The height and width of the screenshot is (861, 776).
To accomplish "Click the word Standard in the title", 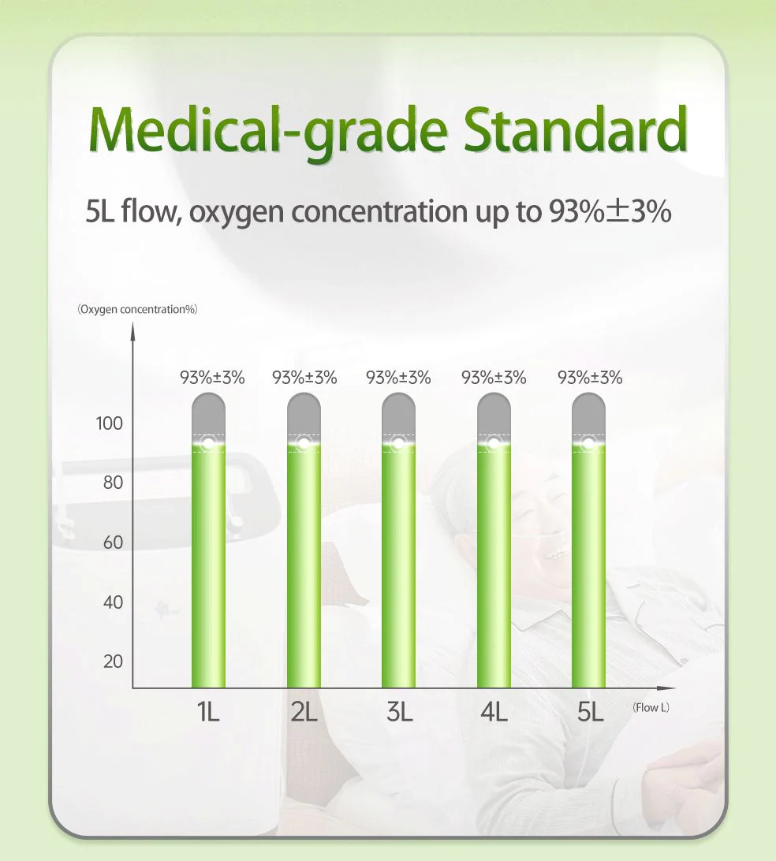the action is pyautogui.click(x=575, y=129).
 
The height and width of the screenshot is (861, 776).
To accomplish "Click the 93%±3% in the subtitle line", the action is pyautogui.click(x=610, y=211).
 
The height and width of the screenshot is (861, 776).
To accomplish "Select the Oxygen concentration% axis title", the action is pyautogui.click(x=137, y=309).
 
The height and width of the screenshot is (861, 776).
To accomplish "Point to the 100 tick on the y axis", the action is pyautogui.click(x=110, y=423).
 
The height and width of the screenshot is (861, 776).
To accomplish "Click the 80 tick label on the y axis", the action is pyautogui.click(x=113, y=483).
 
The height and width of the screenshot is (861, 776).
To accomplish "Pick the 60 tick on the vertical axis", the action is pyautogui.click(x=113, y=542).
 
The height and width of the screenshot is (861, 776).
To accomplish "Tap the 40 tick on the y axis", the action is pyautogui.click(x=113, y=602).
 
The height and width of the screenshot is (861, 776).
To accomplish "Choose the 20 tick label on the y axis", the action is pyautogui.click(x=113, y=661).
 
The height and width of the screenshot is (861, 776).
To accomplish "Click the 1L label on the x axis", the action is pyautogui.click(x=208, y=712).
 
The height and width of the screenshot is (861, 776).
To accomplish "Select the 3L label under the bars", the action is pyautogui.click(x=399, y=712).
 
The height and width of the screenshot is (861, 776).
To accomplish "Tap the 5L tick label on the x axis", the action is pyautogui.click(x=590, y=712).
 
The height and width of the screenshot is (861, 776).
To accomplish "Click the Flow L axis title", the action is pyautogui.click(x=651, y=707).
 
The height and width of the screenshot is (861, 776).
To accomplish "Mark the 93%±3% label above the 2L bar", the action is pyautogui.click(x=304, y=378).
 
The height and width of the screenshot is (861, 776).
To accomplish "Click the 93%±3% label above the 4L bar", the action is pyautogui.click(x=494, y=378).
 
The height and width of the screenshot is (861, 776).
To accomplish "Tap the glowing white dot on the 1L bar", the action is pyautogui.click(x=208, y=442).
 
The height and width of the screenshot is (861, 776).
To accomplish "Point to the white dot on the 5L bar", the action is pyautogui.click(x=589, y=442).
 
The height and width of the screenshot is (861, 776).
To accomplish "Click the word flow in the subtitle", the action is pyautogui.click(x=151, y=211).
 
